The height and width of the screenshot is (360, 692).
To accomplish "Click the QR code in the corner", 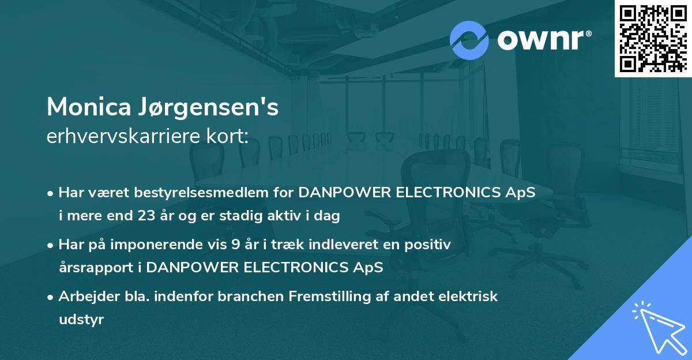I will coord(653,39).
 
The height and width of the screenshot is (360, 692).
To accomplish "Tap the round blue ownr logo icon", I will coord(469,40).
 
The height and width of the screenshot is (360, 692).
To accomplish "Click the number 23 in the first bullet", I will coord(146,216).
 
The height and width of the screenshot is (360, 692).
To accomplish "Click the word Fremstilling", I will coord(322,297).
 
